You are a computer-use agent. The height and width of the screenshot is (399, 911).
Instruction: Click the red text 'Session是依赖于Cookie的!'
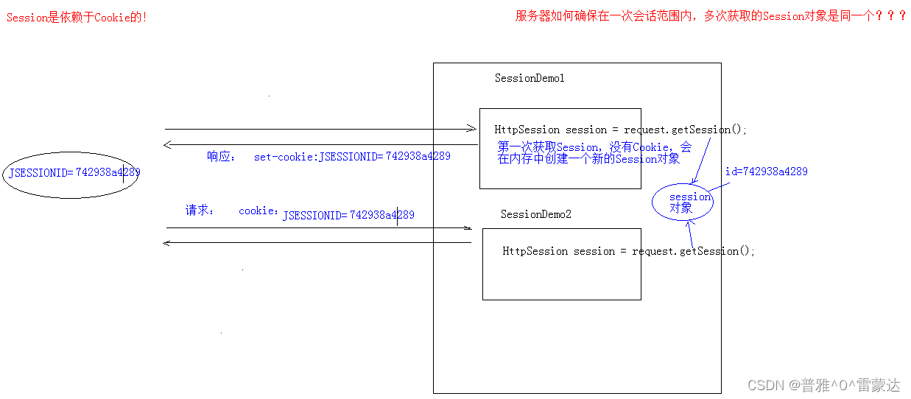click(77, 18)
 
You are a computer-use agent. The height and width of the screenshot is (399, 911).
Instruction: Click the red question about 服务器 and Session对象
click(711, 16)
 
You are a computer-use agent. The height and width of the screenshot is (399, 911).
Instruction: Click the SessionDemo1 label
click(530, 78)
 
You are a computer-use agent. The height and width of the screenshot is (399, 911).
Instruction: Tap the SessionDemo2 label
click(535, 214)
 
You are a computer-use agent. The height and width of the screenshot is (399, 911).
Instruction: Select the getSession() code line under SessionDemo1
click(620, 130)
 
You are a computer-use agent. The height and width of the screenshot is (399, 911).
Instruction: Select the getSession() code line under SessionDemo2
click(628, 251)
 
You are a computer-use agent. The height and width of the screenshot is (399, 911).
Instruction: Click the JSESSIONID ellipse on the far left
click(71, 174)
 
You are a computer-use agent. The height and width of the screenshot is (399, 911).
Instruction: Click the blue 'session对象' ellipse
click(683, 202)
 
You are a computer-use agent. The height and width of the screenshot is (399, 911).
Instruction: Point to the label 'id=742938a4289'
click(766, 172)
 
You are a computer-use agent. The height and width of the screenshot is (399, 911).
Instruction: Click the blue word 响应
click(220, 156)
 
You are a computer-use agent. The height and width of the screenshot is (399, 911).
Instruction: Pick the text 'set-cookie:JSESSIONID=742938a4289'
click(352, 157)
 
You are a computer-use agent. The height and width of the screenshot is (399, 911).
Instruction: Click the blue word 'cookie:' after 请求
click(258, 211)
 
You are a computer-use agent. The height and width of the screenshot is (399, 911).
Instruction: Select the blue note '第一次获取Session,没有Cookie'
click(594, 148)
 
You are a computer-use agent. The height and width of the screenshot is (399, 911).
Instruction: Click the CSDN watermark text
click(823, 385)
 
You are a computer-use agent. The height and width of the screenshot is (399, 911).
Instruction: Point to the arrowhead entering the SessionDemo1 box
click(472, 129)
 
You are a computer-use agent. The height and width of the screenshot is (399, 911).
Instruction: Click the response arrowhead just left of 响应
click(168, 144)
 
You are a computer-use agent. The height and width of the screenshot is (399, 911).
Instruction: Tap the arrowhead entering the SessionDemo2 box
click(467, 228)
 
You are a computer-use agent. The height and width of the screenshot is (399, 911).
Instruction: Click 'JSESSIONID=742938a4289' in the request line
click(348, 216)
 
